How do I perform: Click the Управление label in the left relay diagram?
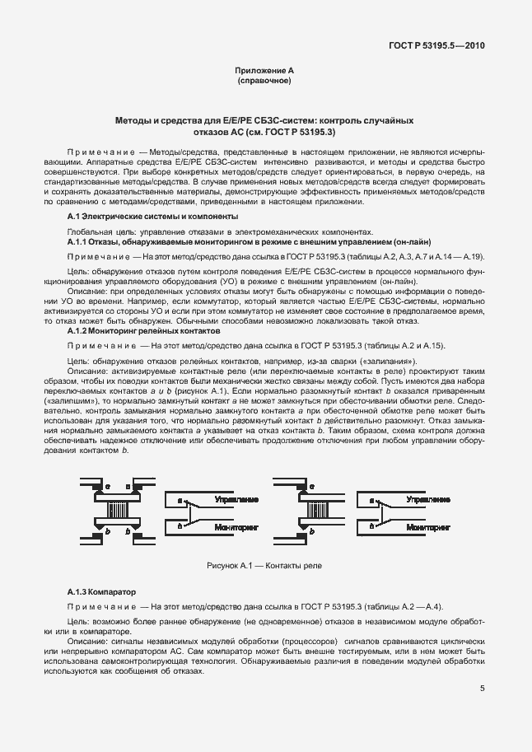click(x=236, y=499)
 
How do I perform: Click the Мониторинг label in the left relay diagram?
click(x=236, y=525)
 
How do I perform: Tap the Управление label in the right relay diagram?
click(x=427, y=499)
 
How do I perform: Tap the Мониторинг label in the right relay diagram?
click(x=428, y=525)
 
